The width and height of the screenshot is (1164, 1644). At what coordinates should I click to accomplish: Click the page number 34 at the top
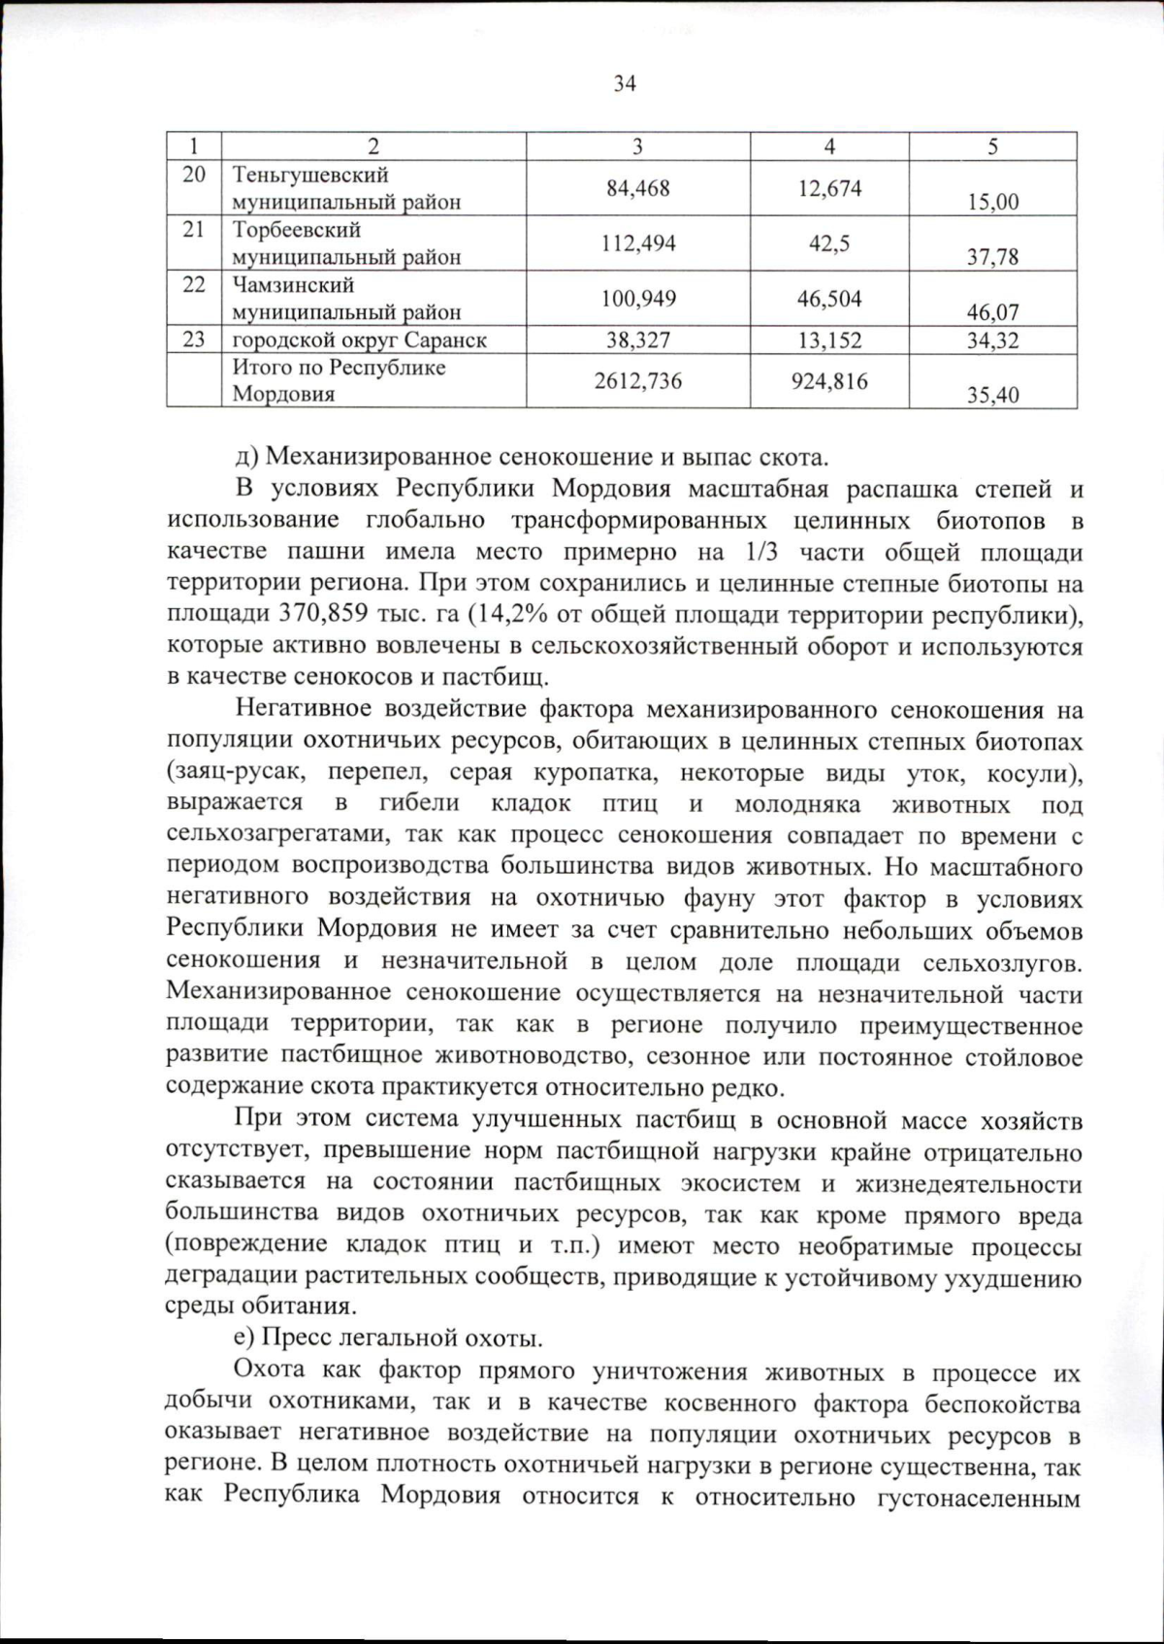pyautogui.click(x=625, y=83)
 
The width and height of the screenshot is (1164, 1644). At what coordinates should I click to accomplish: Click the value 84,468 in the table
pyautogui.click(x=638, y=188)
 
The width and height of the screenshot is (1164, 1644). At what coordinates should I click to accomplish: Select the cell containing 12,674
pyautogui.click(x=829, y=188)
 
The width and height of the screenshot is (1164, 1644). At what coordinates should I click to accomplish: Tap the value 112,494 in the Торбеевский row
pyautogui.click(x=638, y=243)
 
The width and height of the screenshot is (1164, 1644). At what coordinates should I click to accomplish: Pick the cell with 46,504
pyautogui.click(x=829, y=299)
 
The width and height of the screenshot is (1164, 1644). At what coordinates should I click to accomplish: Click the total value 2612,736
pyautogui.click(x=638, y=381)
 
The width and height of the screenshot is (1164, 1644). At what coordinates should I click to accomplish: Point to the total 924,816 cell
pyautogui.click(x=829, y=381)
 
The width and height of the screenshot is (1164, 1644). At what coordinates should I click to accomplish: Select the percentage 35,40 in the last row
pyautogui.click(x=992, y=396)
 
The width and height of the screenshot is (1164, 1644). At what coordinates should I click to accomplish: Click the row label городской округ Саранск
pyautogui.click(x=360, y=340)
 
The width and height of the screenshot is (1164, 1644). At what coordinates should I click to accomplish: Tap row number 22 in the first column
pyautogui.click(x=194, y=285)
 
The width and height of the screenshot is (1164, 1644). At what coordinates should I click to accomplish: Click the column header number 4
pyautogui.click(x=829, y=146)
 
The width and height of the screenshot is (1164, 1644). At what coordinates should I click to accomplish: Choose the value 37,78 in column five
pyautogui.click(x=992, y=258)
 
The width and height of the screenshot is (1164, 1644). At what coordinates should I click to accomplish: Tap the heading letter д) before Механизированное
pyautogui.click(x=245, y=456)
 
